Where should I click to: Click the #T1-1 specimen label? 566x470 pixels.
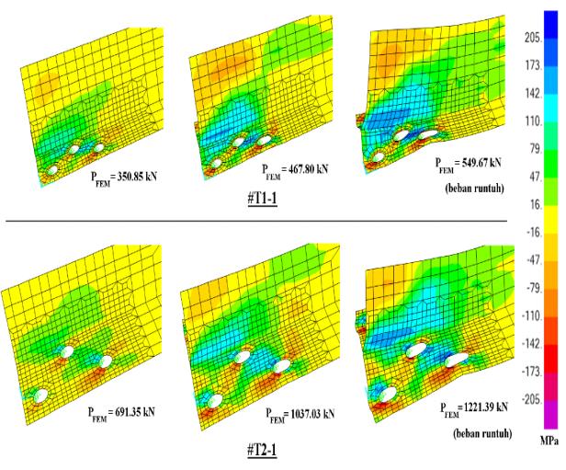263,199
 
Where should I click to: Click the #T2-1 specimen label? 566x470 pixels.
263,450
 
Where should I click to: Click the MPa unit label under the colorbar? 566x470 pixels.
549,441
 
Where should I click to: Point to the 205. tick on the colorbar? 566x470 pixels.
534,38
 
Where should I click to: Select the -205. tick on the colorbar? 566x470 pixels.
532,400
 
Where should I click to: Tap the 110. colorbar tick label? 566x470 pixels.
534,121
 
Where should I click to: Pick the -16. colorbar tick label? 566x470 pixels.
534,233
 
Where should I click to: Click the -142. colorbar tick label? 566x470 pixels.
532,344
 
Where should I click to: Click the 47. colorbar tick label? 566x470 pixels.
536,177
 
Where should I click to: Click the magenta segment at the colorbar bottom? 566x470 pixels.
551,415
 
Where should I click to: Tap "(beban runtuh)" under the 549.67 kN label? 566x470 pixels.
474,189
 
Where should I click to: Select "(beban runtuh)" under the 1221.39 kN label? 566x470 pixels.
482,433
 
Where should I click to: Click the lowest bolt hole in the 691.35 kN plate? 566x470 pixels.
40,395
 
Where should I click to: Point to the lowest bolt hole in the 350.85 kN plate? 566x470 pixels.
52,170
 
